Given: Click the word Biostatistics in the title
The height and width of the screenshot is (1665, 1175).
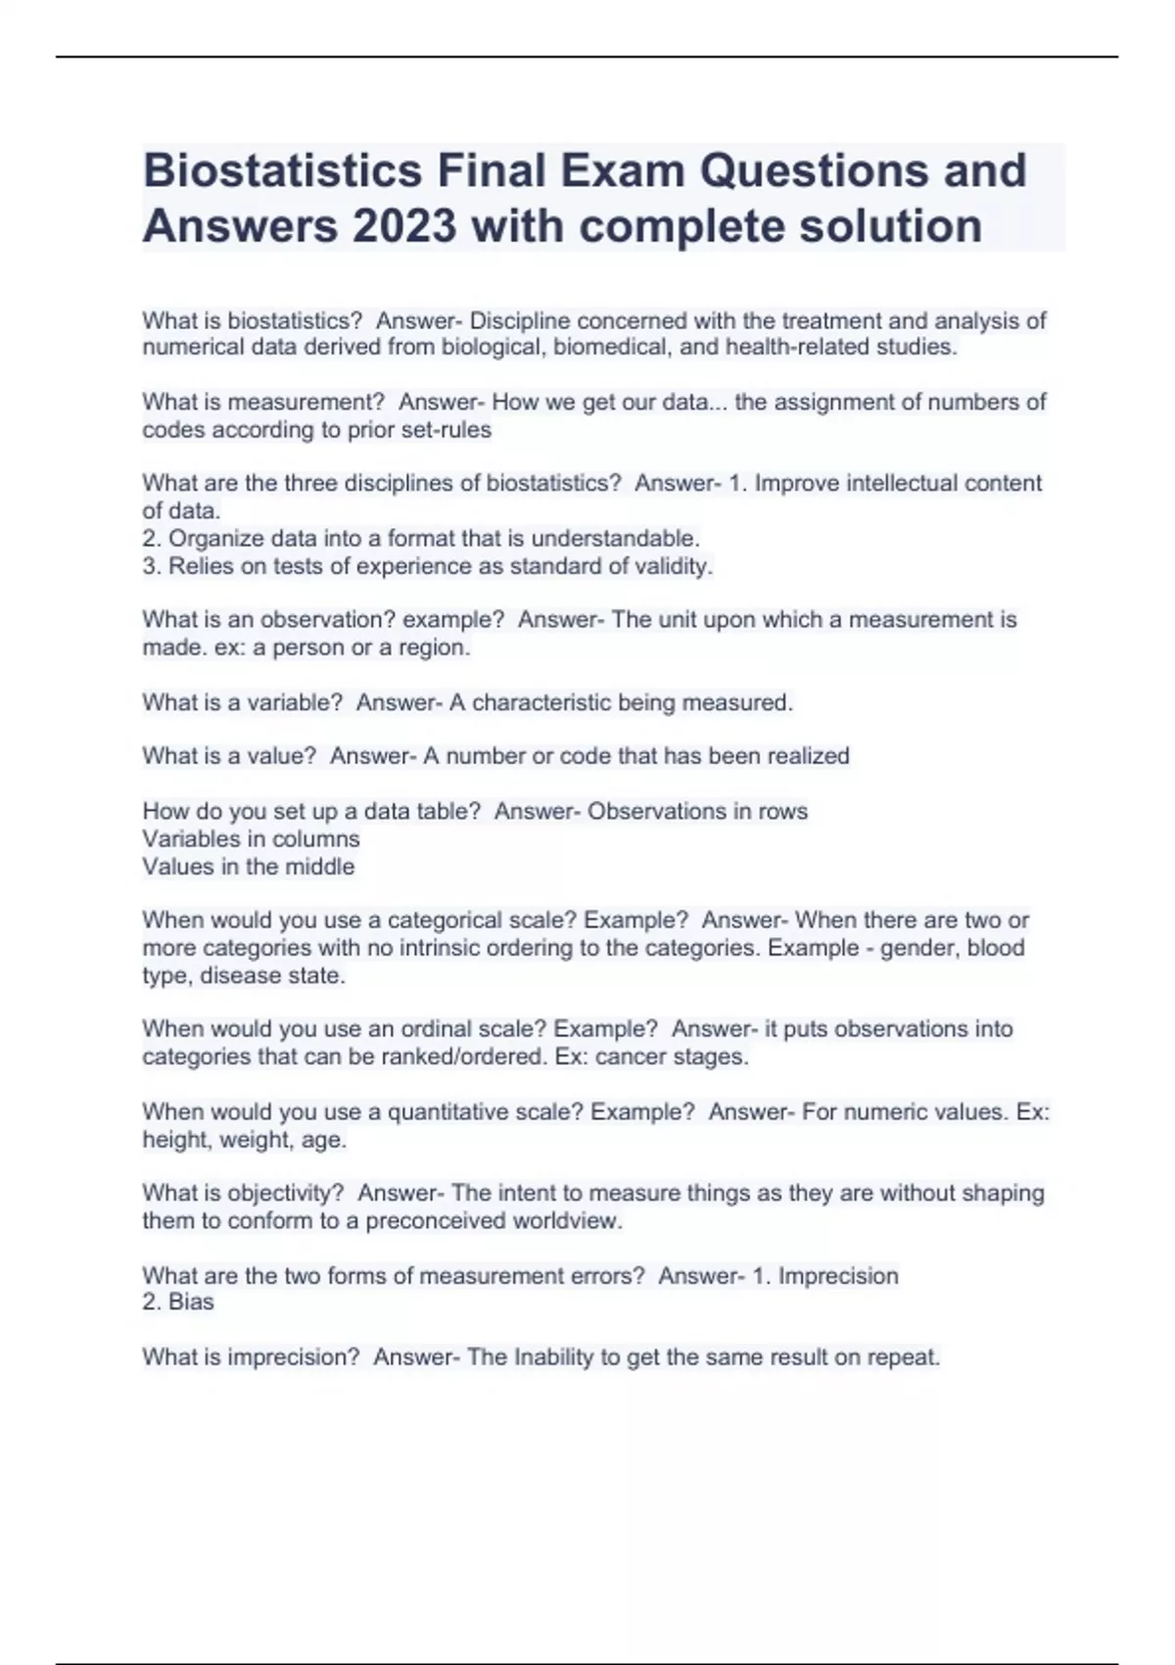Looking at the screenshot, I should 283,170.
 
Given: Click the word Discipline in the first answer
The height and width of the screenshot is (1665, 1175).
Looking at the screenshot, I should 520,320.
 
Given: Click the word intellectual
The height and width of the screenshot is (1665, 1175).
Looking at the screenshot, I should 895,483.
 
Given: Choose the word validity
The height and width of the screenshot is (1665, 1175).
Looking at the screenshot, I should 673,566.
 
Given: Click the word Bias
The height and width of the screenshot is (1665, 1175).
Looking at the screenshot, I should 191,1302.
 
